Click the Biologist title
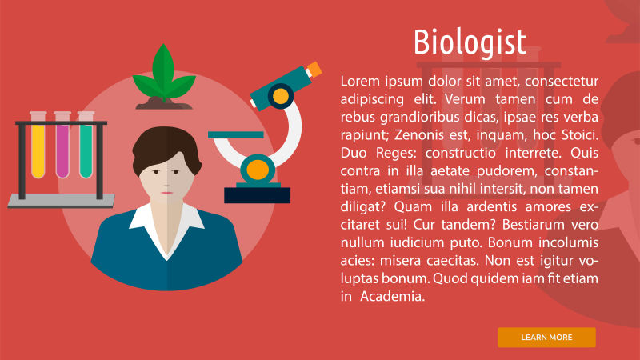[470, 42]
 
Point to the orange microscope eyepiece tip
[314, 69]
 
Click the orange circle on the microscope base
[257, 169]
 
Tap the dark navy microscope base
[257, 194]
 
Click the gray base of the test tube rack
[61, 201]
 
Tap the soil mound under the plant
[164, 103]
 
